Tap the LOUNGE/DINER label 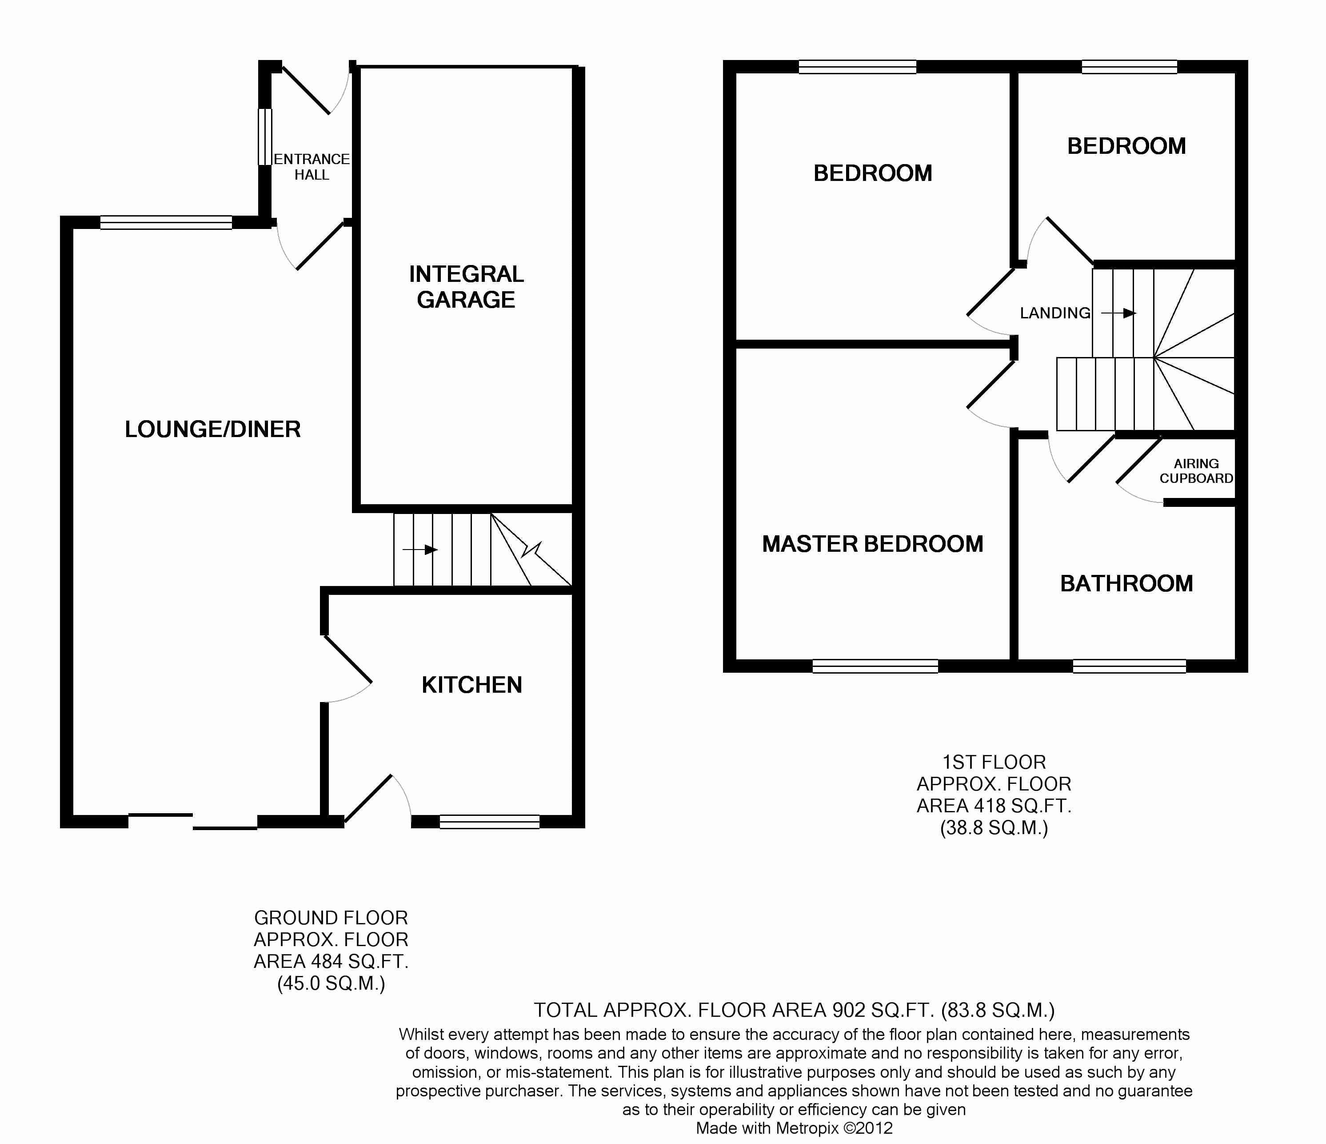(212, 429)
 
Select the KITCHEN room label (471, 685)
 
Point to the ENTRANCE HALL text (312, 166)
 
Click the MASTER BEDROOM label (872, 544)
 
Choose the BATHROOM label (1126, 583)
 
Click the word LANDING (1054, 313)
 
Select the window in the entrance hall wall (265, 137)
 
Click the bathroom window (1130, 666)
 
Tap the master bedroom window (875, 666)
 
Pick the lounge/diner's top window (166, 222)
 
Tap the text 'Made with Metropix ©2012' (794, 1128)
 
